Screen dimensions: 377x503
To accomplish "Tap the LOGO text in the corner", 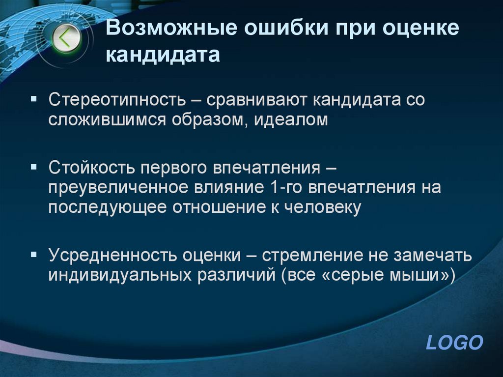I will (x=454, y=343).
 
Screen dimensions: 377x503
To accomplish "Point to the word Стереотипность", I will (x=116, y=100).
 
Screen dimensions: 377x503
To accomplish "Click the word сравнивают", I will (x=253, y=100).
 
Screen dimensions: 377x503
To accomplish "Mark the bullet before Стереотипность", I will (x=33, y=99).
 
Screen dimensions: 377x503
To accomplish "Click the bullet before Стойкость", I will (x=33, y=167).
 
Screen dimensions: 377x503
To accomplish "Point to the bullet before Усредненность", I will (x=33, y=254).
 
